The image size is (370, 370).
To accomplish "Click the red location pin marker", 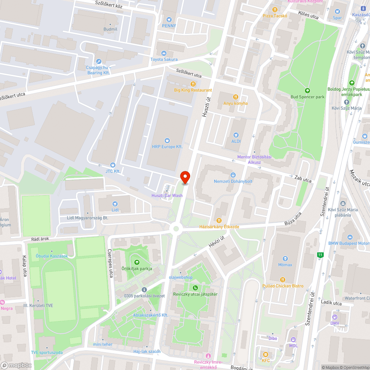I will click(185, 177).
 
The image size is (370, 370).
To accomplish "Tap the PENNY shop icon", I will click(169, 19).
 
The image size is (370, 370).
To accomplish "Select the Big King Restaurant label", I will click(193, 90).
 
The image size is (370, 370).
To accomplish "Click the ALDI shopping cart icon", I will click(236, 135).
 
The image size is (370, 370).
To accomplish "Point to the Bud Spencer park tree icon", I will click(307, 91).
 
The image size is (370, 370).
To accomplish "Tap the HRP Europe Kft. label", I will click(167, 147).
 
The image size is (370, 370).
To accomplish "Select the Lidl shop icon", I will click(115, 204).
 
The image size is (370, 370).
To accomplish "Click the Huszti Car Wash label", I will click(167, 195).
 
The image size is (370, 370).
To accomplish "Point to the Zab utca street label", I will click(303, 179).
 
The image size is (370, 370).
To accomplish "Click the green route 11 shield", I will click(320, 255).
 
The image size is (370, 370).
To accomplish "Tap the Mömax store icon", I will click(285, 259).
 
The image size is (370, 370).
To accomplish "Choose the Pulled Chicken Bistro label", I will click(283, 286).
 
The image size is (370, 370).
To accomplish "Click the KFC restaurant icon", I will click(266, 354).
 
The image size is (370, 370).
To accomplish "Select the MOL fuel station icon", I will click(293, 340).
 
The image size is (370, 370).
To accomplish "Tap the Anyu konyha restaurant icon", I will click(235, 97).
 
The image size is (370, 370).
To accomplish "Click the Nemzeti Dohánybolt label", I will click(233, 181).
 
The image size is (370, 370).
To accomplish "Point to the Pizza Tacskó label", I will click(275, 16).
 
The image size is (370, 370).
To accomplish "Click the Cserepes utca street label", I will click(110, 263).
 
